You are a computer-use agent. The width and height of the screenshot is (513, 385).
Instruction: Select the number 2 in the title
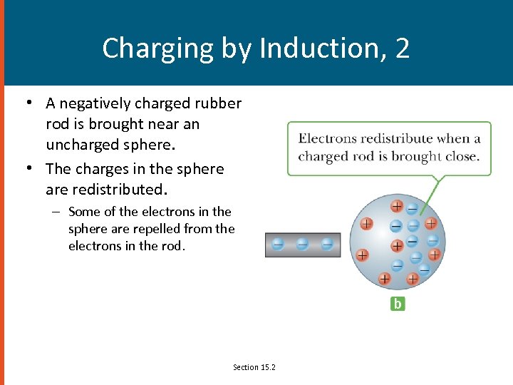click(x=402, y=48)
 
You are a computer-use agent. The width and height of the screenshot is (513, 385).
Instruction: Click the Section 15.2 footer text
click(x=254, y=367)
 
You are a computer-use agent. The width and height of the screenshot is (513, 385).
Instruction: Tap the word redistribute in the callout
click(x=396, y=139)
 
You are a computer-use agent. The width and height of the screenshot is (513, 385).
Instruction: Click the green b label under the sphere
click(x=398, y=304)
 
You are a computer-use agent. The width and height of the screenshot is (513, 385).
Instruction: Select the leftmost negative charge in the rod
click(x=278, y=244)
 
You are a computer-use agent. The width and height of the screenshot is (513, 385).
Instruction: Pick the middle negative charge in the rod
click(x=302, y=244)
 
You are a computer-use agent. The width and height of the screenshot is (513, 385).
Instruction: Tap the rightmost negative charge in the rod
click(x=326, y=244)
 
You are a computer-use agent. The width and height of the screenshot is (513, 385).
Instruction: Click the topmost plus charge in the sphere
click(x=397, y=207)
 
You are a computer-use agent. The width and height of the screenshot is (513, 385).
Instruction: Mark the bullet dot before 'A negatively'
click(x=28, y=102)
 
